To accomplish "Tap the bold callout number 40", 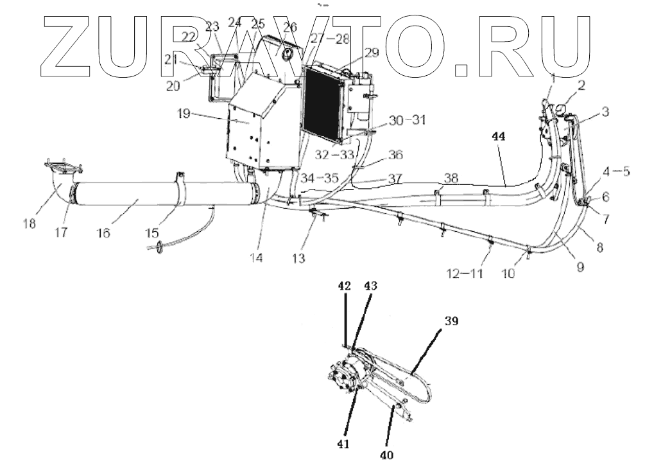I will click(x=387, y=456).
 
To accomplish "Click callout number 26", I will click(x=290, y=28).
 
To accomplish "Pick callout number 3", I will click(x=604, y=112).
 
